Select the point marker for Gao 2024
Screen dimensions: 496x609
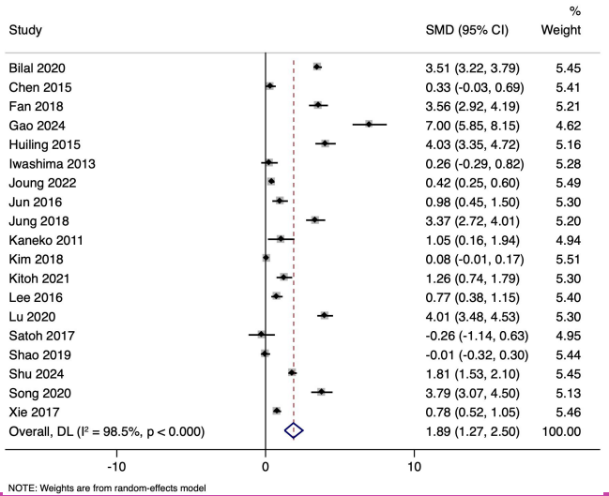pyautogui.click(x=370, y=124)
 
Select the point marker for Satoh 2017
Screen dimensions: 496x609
pyautogui.click(x=262, y=335)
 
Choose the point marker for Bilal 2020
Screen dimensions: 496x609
pyautogui.click(x=317, y=67)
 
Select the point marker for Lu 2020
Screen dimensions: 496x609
pyautogui.click(x=325, y=315)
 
